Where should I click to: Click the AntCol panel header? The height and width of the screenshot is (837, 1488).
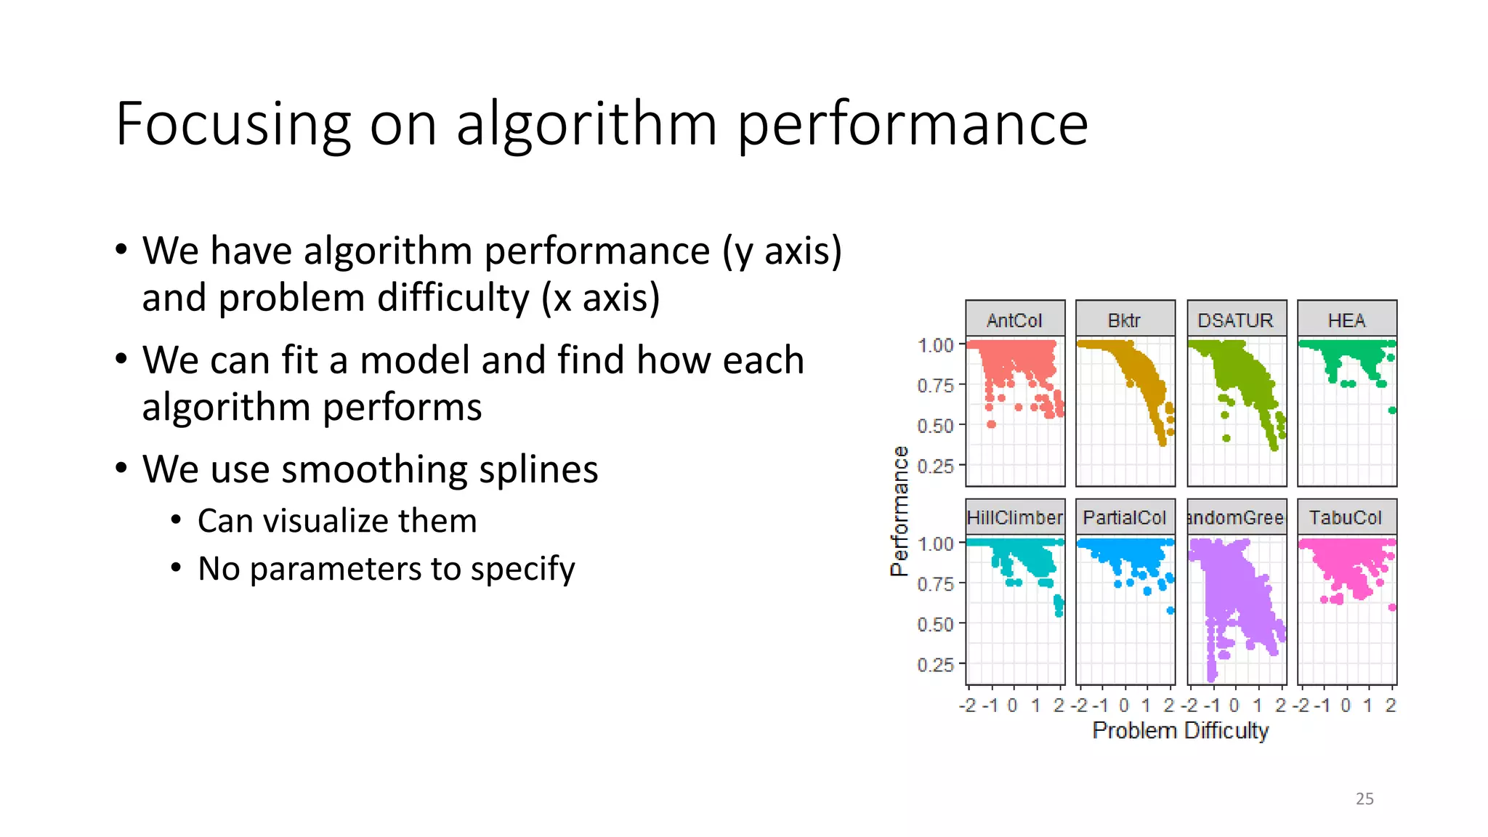[x=1014, y=320]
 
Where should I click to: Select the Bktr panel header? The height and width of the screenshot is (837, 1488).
[x=1124, y=320]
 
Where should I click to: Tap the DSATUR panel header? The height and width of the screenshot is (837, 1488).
[x=1235, y=320]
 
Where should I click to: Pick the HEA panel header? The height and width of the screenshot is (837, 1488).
[x=1346, y=320]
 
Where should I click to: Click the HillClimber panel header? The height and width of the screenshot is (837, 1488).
[x=1014, y=517]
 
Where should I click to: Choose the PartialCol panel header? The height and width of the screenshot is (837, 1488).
[x=1124, y=517]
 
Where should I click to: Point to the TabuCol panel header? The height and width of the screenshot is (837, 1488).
[x=1346, y=517]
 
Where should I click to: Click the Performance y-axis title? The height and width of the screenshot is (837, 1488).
[x=899, y=511]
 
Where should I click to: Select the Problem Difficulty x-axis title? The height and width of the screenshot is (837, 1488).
[x=1180, y=730]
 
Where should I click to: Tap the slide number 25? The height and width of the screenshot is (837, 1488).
[x=1364, y=798]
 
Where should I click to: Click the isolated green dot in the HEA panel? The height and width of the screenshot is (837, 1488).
[x=1391, y=411]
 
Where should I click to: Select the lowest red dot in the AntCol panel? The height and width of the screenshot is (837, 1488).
[x=991, y=424]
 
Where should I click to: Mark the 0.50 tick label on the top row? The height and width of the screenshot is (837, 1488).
[x=935, y=426]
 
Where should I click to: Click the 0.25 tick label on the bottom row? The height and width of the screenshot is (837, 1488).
[x=935, y=664]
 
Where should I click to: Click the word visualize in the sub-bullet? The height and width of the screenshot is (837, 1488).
[x=336, y=521]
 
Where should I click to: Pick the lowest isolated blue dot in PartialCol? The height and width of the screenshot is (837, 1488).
[x=1170, y=610]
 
